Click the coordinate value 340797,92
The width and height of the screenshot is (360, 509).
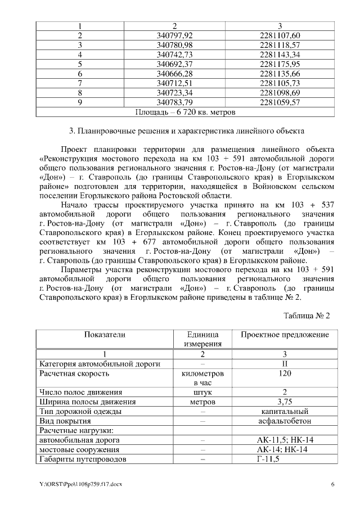coord(174,35)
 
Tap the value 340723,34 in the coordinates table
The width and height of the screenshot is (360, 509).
coord(174,93)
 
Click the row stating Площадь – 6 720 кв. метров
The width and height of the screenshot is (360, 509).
coord(181,112)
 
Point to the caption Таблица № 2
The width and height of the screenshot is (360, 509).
coord(307,315)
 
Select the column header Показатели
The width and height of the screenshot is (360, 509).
coord(105,335)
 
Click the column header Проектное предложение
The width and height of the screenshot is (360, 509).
coord(285,335)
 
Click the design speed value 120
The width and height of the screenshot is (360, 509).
coord(285,373)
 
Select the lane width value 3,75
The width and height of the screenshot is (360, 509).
coord(285,402)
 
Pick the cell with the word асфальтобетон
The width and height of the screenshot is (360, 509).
coord(285,421)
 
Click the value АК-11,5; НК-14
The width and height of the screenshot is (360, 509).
coord(285,440)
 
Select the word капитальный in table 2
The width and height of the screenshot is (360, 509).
coord(285,411)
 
